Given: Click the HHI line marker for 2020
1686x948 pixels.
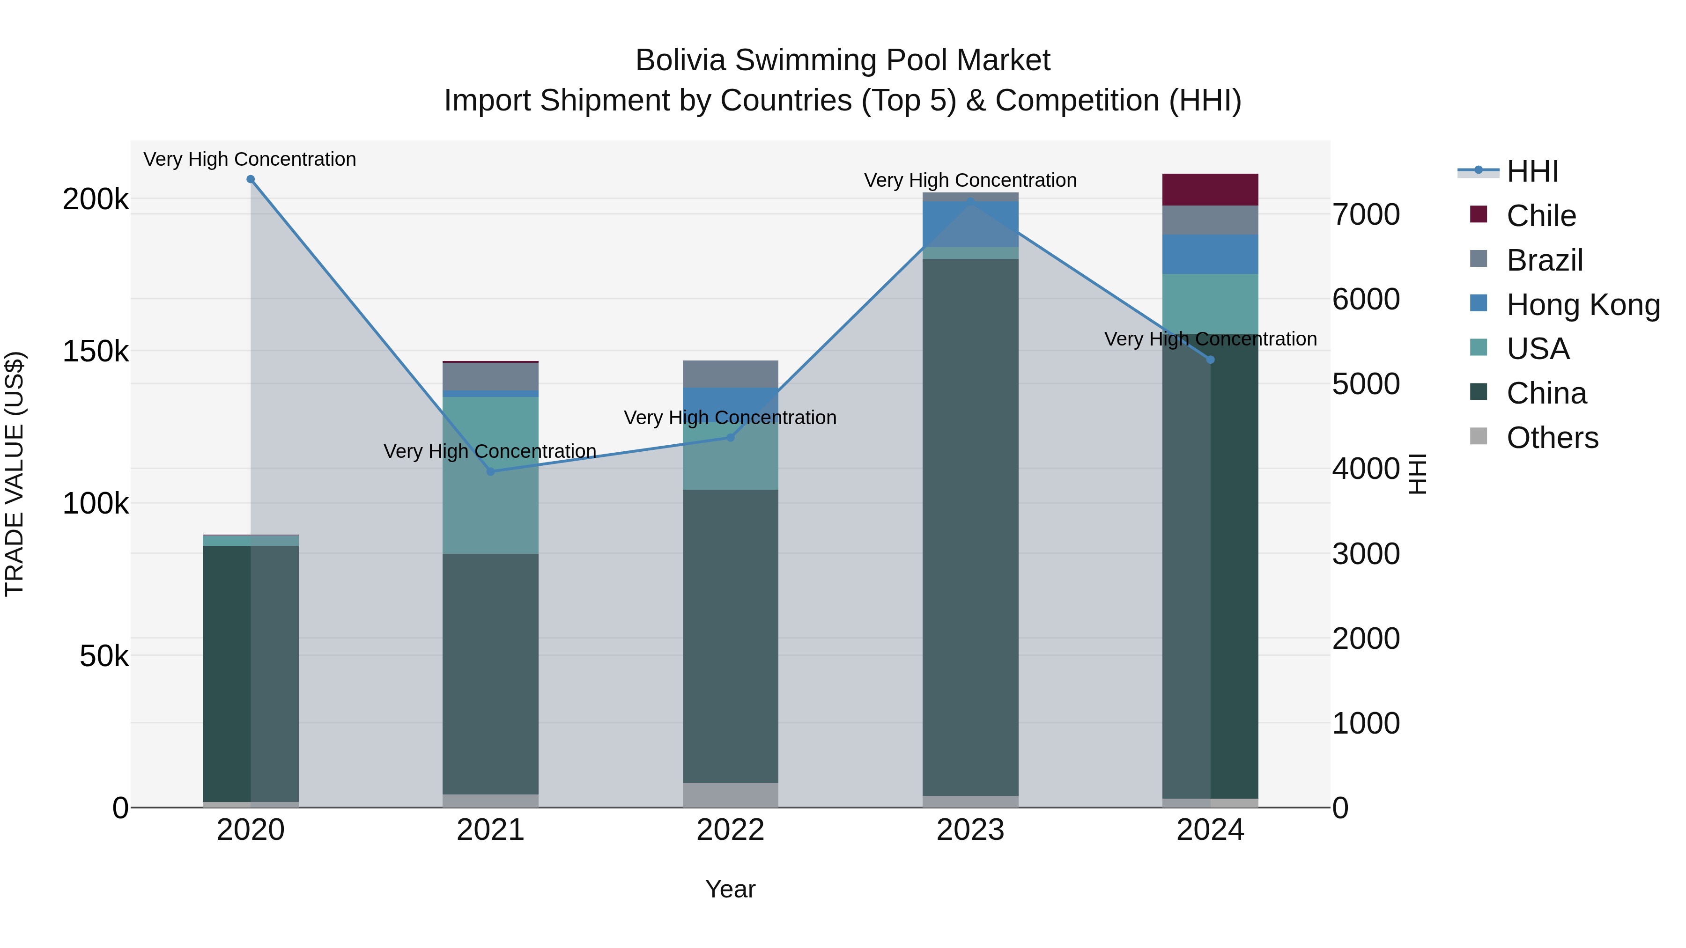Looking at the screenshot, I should point(251,179).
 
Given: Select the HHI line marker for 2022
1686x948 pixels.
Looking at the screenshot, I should point(731,437).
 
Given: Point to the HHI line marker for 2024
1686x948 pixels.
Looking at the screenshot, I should point(1210,360).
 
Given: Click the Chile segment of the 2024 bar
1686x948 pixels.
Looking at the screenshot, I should point(1210,190).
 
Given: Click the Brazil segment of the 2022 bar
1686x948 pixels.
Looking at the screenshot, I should point(731,374).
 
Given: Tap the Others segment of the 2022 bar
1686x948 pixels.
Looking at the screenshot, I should point(731,795).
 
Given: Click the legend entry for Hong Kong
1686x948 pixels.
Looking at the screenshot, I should point(1582,305).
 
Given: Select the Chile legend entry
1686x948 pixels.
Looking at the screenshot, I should point(1541,216).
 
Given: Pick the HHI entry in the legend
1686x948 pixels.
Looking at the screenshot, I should point(1531,171).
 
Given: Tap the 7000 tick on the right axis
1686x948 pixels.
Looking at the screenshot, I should point(1367,214).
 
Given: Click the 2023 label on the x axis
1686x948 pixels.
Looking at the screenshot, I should point(971,830).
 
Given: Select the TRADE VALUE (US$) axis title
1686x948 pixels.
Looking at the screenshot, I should point(15,474).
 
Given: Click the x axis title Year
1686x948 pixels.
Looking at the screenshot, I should point(731,889).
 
